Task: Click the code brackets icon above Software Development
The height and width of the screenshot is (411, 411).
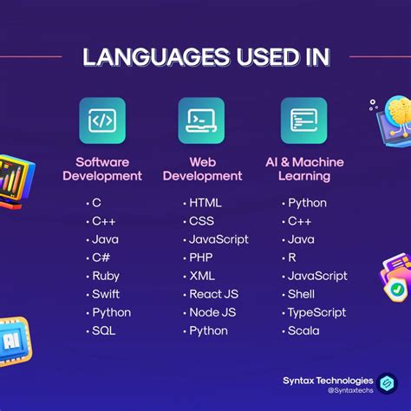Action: [x=102, y=121]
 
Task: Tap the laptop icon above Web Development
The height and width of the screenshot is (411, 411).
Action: [x=201, y=121]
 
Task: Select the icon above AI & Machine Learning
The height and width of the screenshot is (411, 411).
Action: [x=303, y=121]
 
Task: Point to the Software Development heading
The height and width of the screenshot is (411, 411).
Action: [x=108, y=168]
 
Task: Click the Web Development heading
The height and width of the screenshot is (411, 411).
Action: [x=203, y=168]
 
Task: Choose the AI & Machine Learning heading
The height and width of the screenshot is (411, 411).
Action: [x=304, y=168]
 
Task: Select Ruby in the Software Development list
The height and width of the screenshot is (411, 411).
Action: [x=107, y=276]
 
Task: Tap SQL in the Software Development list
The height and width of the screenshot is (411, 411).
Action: [x=105, y=330]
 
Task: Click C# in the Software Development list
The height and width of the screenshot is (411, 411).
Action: [x=102, y=258]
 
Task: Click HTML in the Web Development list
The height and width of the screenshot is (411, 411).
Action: [x=205, y=203]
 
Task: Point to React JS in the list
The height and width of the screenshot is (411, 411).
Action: [x=213, y=294]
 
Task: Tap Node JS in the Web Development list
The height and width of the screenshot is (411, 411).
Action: [x=212, y=312]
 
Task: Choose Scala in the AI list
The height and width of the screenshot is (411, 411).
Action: [x=303, y=330]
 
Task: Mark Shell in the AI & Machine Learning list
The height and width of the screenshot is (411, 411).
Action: [x=303, y=294]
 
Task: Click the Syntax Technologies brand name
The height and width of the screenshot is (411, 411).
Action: [x=328, y=380]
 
